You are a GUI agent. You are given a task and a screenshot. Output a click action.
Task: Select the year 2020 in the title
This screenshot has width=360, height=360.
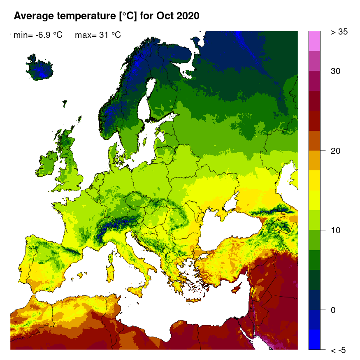[188, 16]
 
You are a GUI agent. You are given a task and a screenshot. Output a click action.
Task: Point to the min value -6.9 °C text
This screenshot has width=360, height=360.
[38, 35]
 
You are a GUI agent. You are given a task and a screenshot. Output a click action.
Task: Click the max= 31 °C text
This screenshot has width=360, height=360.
[98, 35]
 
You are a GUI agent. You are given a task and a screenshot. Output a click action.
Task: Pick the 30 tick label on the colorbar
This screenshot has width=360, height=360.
[336, 71]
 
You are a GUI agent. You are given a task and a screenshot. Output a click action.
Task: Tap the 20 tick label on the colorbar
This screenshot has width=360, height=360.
[336, 151]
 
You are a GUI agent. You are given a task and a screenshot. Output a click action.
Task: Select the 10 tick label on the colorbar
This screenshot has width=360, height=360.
[336, 230]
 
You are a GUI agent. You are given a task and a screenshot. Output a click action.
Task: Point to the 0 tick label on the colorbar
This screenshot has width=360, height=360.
[334, 310]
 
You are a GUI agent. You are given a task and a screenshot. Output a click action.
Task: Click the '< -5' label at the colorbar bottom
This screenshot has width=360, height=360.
[338, 350]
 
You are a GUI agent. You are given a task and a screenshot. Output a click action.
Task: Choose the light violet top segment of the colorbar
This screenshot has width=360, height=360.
[314, 41]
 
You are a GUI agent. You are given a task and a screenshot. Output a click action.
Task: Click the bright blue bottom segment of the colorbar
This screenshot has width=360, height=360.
[314, 339]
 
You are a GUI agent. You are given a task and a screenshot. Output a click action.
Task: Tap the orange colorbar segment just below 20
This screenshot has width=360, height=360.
[314, 160]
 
